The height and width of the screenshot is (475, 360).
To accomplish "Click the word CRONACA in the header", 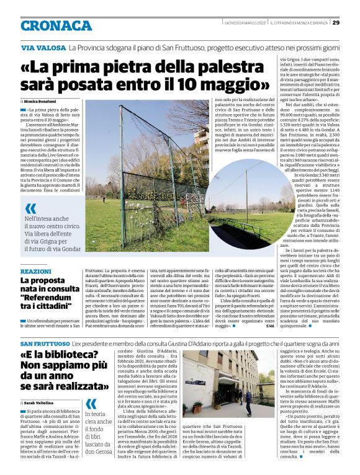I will pyautogui.click(x=56, y=25).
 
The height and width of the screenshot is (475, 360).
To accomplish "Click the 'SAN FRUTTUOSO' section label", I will pyautogui.click(x=45, y=344).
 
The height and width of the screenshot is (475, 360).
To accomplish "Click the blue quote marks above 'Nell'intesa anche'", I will pyautogui.click(x=30, y=208).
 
